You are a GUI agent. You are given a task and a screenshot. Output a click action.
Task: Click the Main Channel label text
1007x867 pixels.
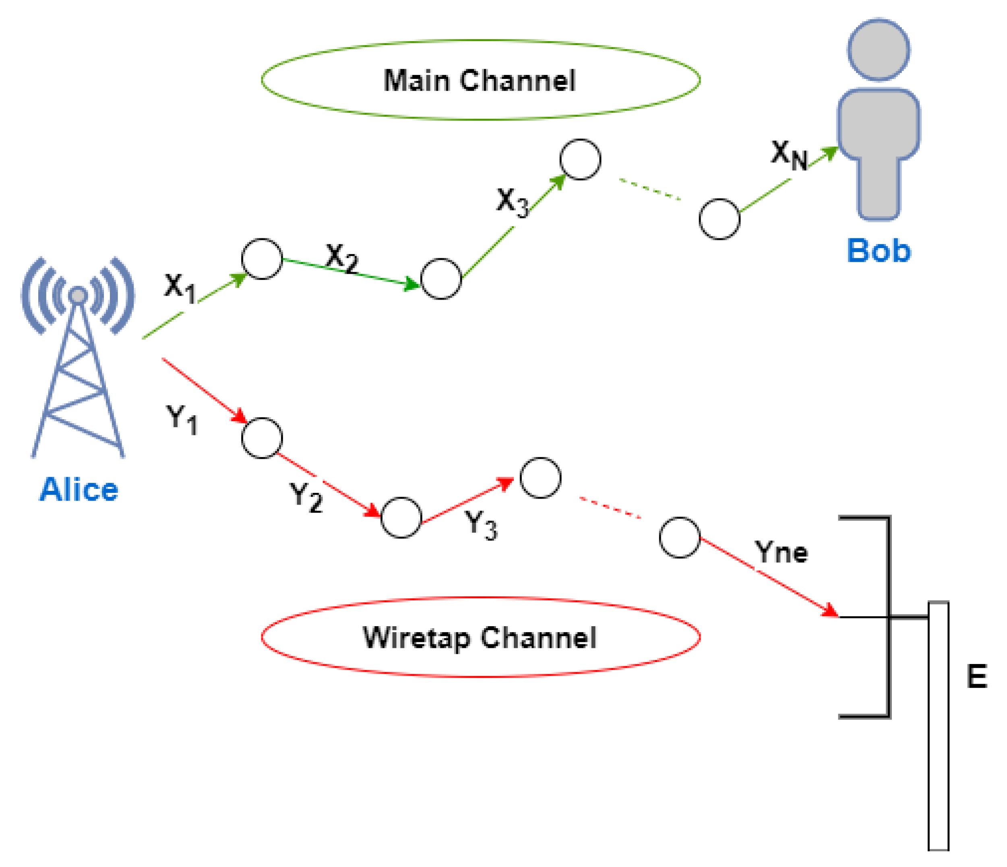tap(479, 81)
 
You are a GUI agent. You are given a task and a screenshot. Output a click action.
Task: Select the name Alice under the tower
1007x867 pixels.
tap(79, 489)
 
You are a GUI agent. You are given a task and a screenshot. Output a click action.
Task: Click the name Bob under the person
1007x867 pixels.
tap(879, 251)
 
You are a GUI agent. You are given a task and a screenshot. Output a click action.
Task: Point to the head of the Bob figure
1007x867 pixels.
tap(879, 50)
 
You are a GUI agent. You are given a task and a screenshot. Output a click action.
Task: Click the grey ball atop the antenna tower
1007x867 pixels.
tap(78, 295)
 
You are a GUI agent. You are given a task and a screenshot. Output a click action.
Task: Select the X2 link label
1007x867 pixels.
tap(342, 258)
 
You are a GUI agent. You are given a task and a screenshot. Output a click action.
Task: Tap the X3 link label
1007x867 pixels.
tap(512, 202)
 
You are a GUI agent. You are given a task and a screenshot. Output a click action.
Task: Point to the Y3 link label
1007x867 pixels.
tap(481, 525)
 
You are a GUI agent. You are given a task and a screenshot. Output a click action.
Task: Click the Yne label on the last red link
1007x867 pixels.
tap(781, 552)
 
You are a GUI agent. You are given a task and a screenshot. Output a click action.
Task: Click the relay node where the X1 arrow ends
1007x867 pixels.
tap(262, 259)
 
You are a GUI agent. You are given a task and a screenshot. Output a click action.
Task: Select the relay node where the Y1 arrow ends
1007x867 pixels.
tap(262, 438)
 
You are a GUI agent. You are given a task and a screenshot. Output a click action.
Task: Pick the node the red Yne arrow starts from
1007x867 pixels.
tap(679, 538)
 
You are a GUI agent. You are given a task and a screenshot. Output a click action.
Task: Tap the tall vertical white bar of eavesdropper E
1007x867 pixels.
tap(938, 729)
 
